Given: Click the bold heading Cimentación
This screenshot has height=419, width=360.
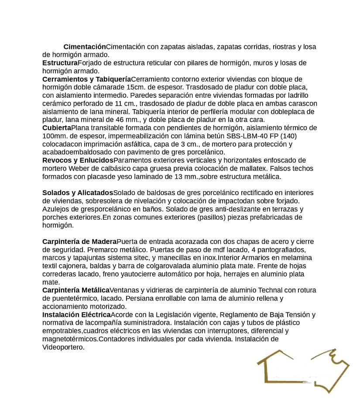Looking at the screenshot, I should pos(85,47).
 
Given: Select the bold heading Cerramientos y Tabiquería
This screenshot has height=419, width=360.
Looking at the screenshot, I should pos(86,79).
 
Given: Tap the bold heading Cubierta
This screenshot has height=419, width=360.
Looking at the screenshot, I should pos(57,128).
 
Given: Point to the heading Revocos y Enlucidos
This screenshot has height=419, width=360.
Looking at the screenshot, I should pos(78,160).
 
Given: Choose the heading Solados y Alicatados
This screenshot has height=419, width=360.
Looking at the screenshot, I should pos(78,193).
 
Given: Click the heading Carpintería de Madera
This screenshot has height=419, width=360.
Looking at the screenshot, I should pos(79,242).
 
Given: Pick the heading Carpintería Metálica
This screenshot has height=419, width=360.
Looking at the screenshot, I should pos(76,290).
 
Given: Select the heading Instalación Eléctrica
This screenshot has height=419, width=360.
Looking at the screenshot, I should pos(76,315).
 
